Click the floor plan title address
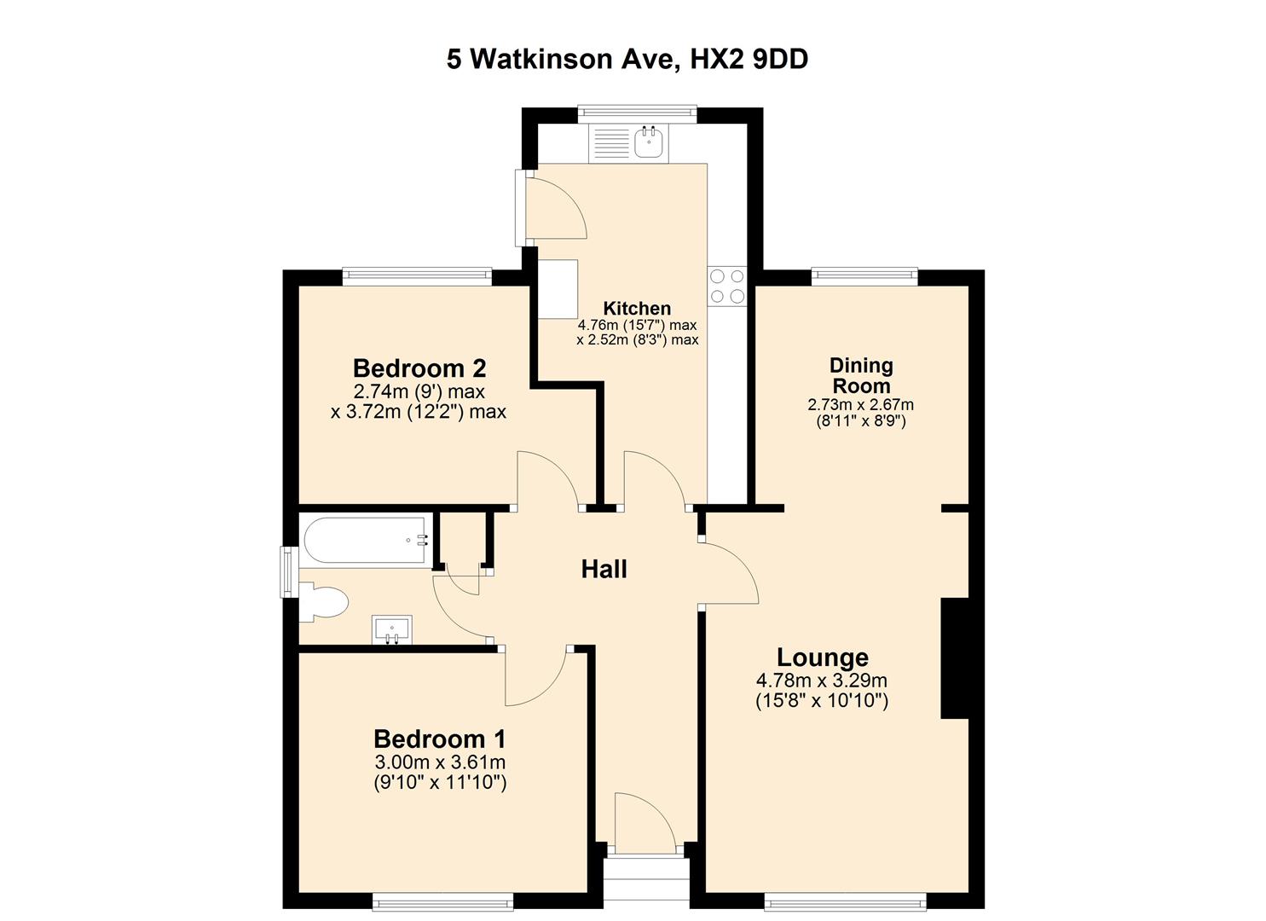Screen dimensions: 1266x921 coord(627,60)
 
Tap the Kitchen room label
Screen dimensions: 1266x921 coord(637,308)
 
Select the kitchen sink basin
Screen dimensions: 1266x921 coord(650,142)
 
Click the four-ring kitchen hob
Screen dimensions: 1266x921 coord(727,286)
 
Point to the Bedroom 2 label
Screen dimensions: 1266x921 coord(419,368)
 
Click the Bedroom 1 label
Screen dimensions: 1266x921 coord(440,739)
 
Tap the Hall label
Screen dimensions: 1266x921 coord(604,569)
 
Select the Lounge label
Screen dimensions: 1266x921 coord(823,657)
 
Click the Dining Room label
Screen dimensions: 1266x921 coord(861,375)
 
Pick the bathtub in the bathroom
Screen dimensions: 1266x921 coord(367,540)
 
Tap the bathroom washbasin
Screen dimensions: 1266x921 coord(391,629)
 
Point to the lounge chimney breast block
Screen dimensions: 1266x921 coord(955,658)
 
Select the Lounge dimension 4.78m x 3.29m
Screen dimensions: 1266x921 coord(822,681)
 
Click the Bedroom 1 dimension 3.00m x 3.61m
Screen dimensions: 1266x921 coord(440,762)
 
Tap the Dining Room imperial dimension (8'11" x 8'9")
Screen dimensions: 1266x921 coord(861,421)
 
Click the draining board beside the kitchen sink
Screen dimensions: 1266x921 coord(610,143)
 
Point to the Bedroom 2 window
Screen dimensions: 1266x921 coord(418,275)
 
